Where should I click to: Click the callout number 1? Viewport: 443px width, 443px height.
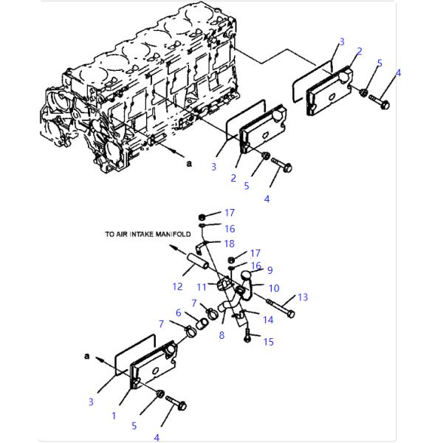coord(114,416)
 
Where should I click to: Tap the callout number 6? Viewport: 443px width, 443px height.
coord(178,312)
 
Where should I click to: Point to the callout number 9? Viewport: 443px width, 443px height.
coord(269,270)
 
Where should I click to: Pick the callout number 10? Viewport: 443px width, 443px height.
coord(273,288)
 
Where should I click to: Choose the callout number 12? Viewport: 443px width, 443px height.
coord(177,286)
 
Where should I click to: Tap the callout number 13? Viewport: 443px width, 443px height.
coord(302,298)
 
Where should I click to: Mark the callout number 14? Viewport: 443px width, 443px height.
coord(268,320)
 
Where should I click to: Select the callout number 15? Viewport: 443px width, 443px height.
coord(269,342)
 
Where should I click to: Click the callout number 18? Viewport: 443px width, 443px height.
coord(229,243)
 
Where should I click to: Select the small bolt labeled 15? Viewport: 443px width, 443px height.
coord(247,337)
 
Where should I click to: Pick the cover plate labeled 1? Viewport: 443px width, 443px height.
coord(152,367)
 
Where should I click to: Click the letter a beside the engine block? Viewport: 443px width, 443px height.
coord(188,164)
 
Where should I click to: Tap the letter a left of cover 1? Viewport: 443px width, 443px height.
coord(87,356)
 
